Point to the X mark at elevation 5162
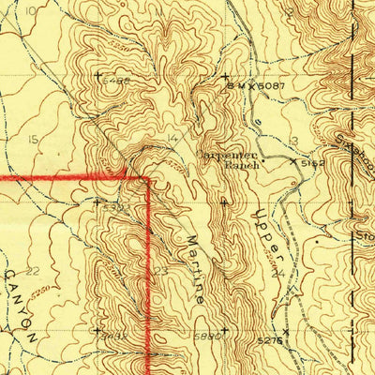pos(292,161)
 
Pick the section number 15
pos(34,139)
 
